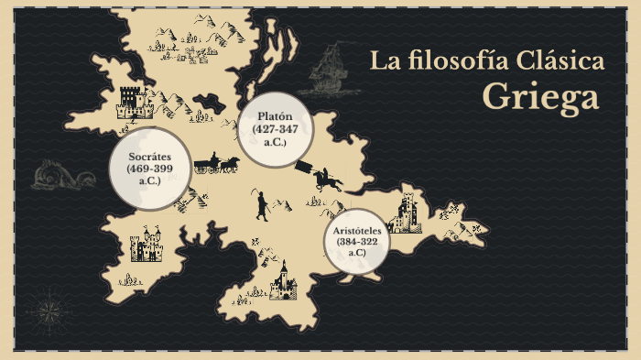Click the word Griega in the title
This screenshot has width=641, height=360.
click(540, 96)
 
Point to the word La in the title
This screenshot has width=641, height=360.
click(383, 61)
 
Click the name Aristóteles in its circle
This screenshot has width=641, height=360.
click(356, 229)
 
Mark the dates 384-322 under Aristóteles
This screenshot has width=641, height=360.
click(356, 241)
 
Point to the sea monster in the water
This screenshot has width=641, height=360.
click(64, 173)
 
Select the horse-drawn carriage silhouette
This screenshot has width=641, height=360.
click(216, 164)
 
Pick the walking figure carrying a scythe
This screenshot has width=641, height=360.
click(261, 204)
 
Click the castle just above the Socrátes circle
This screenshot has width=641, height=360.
click(134, 102)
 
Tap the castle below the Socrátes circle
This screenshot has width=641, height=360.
click(147, 245)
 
